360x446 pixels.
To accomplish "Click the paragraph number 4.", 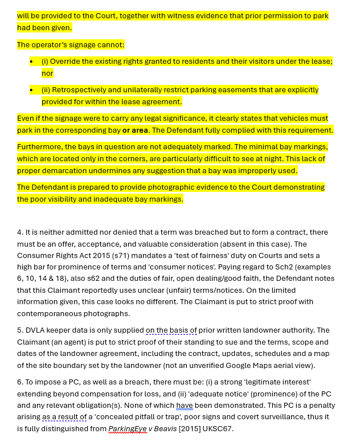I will pos(19,232).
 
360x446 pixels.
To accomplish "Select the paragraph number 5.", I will pos(19,330).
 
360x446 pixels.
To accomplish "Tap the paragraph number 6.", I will pos(19,382).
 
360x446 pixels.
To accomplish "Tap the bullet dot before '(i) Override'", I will pos(32,62).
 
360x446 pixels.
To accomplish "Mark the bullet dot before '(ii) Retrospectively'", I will pos(32,90).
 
